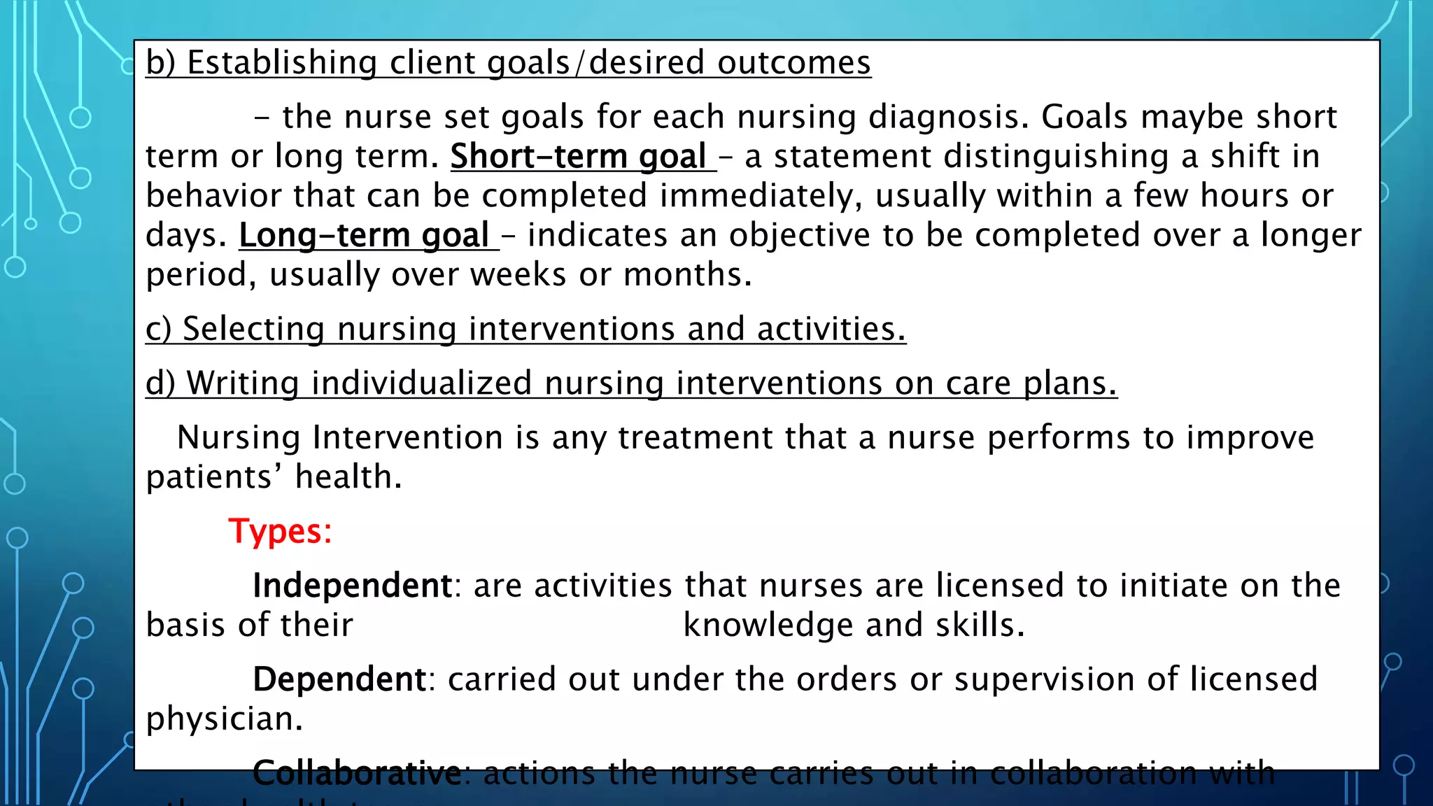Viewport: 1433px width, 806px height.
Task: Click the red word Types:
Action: tap(280, 532)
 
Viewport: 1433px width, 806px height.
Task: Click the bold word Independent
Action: tap(352, 586)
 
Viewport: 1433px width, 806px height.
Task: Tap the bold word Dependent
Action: tap(339, 679)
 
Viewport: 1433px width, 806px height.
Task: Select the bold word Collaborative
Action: tap(356, 773)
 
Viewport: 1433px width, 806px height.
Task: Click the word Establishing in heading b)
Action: tap(282, 63)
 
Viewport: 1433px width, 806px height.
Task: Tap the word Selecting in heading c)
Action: tap(253, 329)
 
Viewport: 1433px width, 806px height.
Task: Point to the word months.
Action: tap(687, 275)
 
